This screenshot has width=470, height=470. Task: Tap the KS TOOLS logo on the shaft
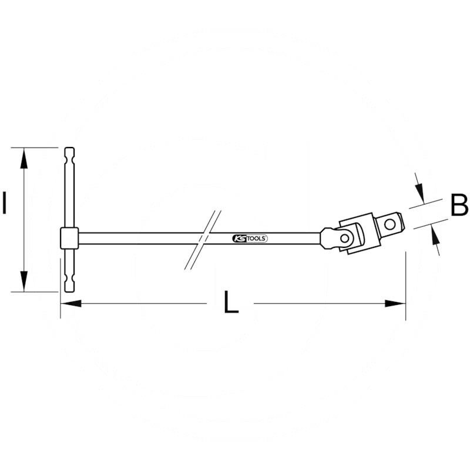[247, 238]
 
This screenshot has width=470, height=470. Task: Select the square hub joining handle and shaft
[69, 237]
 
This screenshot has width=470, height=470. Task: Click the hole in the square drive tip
[390, 224]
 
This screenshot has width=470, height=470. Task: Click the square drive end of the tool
[391, 224]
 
